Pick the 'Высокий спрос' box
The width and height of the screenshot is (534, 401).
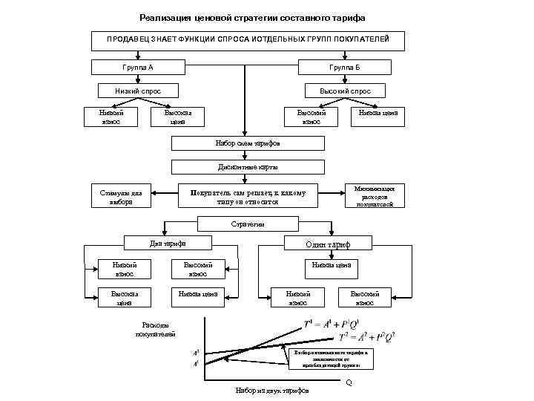click(x=346, y=91)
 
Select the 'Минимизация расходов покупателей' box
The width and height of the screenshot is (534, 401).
click(x=379, y=196)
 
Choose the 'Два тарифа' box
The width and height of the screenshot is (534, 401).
click(x=168, y=243)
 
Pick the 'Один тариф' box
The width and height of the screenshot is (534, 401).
click(x=328, y=244)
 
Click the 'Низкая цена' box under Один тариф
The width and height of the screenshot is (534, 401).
click(x=332, y=264)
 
